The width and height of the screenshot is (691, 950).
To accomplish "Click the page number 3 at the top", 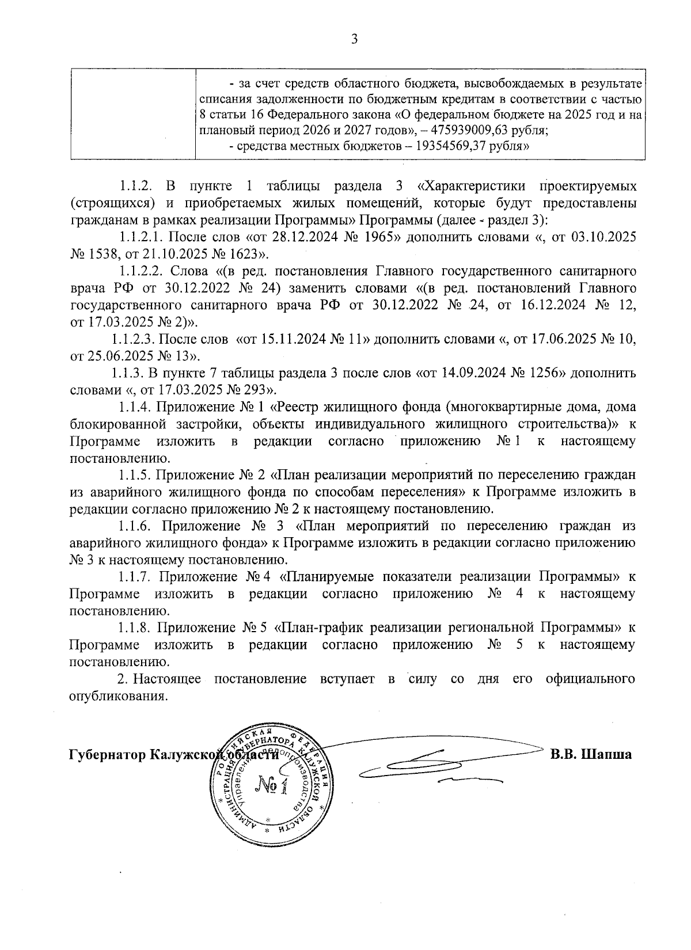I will pyautogui.click(x=354, y=39).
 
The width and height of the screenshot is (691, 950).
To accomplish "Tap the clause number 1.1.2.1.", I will pyautogui.click(x=142, y=237).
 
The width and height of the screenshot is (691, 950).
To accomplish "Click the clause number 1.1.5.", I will pyautogui.click(x=135, y=475).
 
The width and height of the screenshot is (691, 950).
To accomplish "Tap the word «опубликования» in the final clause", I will pyautogui.click(x=118, y=695).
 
